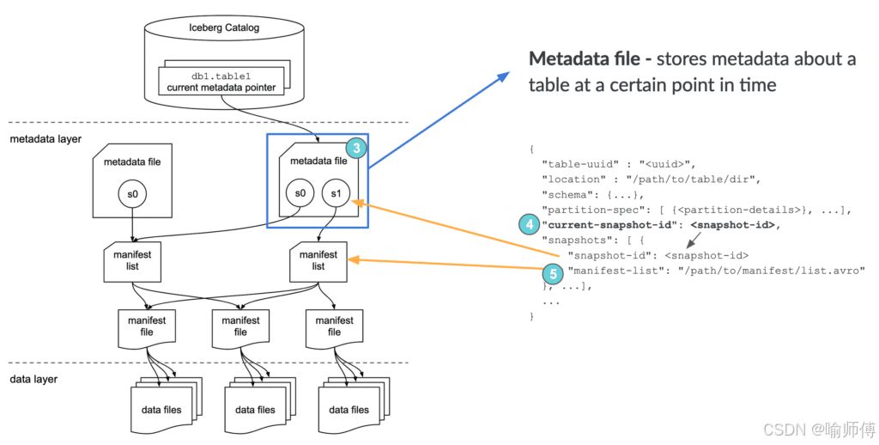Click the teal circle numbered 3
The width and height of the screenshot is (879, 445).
pos(356,148)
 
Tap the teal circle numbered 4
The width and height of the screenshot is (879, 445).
pos(529,225)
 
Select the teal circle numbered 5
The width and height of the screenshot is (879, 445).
pos(553,274)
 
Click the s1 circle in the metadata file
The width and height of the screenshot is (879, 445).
pos(336,193)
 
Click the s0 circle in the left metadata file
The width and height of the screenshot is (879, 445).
pos(132,194)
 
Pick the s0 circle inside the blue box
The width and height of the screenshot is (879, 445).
pos(300,193)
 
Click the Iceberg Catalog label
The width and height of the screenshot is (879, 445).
pos(224,27)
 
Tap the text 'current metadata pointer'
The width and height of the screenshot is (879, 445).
pos(221,88)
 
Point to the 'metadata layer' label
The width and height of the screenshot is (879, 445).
pos(45,138)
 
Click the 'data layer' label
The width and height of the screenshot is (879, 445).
pos(33,380)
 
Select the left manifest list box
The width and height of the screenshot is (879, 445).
pos(132,261)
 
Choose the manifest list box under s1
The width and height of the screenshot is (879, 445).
pos(318,261)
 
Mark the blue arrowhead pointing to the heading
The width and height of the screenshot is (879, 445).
pos(503,76)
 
